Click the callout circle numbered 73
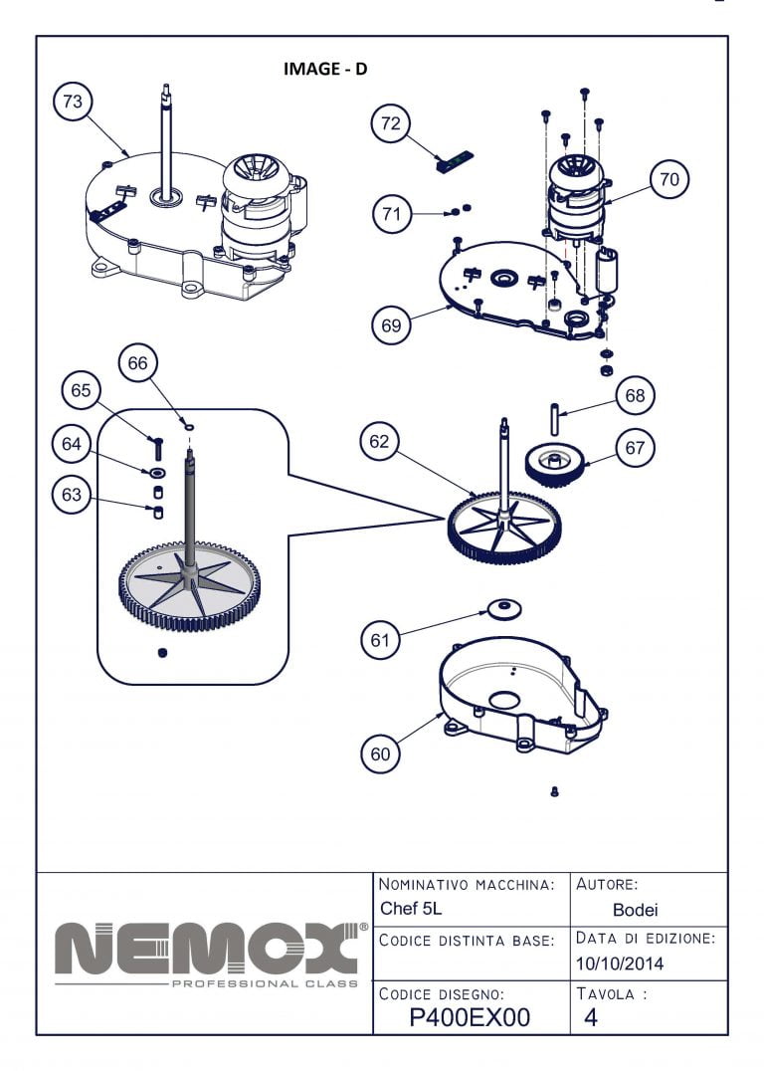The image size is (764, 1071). [x=73, y=102]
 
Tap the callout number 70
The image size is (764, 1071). [x=669, y=179]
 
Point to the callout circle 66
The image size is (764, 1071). [x=137, y=363]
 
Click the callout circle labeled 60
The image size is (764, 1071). [x=381, y=753]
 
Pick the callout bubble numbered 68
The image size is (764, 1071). [x=636, y=395]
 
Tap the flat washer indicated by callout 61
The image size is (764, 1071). [x=504, y=607]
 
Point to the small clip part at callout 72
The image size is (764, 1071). [x=455, y=161]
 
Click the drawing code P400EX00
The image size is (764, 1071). [x=470, y=1017]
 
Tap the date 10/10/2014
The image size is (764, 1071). [x=620, y=964]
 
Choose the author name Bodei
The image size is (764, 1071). [x=635, y=909]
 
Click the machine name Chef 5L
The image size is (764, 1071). [x=411, y=909]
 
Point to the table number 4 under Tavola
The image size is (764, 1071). [x=591, y=1017]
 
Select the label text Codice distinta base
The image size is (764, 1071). [x=467, y=939]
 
